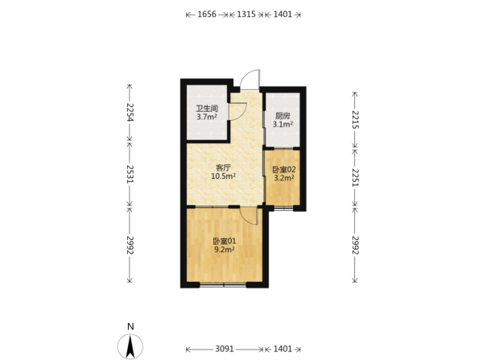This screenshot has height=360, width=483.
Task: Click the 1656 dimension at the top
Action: [207, 14]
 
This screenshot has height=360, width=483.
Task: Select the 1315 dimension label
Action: [246, 14]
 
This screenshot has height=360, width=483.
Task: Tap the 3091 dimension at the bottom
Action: [225, 349]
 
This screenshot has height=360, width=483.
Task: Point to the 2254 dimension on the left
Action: [130, 112]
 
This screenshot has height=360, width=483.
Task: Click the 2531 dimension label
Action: [130, 174]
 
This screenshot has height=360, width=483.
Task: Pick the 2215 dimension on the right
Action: [355, 119]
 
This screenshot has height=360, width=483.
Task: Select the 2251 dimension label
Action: [355, 177]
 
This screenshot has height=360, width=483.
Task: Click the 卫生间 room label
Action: [207, 109]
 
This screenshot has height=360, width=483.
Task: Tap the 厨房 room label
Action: [283, 116]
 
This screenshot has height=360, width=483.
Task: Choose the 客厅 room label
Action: [223, 168]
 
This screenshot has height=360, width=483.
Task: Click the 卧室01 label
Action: [225, 241]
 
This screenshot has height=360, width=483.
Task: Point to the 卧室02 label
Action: [284, 169]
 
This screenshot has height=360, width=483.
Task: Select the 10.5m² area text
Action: [223, 176]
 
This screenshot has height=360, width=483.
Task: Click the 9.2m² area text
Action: [225, 250]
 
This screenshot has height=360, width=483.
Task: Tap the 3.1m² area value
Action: [283, 124]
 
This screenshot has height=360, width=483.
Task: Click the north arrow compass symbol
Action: [130, 346]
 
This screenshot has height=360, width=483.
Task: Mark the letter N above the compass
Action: [130, 326]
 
